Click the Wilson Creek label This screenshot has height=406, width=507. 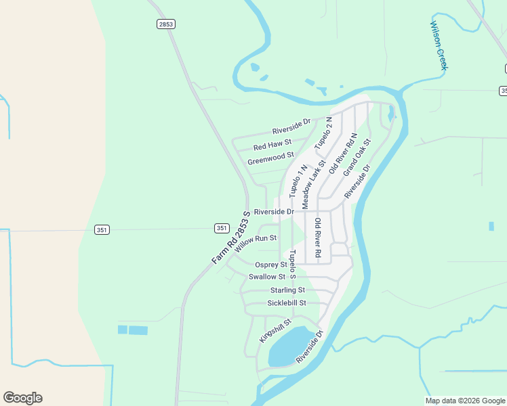click(x=439, y=45)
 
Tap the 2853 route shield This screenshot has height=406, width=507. click(x=165, y=24)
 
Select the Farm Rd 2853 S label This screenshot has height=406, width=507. click(x=230, y=238)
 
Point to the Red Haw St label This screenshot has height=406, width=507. click(x=272, y=144)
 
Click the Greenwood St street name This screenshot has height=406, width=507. click(x=270, y=159)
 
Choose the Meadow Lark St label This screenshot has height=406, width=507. click(x=313, y=183)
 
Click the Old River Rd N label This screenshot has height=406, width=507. click(x=342, y=154)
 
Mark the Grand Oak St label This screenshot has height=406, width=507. click(x=357, y=158)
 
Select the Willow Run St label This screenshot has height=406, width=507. click(x=256, y=243)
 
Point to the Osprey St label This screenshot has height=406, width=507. click(x=271, y=265)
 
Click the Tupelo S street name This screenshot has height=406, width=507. click(x=292, y=265)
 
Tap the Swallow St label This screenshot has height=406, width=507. click(x=267, y=277)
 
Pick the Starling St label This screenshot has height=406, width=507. click(x=287, y=290)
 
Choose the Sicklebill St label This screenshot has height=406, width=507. click(x=287, y=303)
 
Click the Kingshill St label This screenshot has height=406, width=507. click(x=275, y=330)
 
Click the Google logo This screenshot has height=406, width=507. click(x=22, y=397)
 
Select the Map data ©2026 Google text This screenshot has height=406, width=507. click(x=465, y=401)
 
